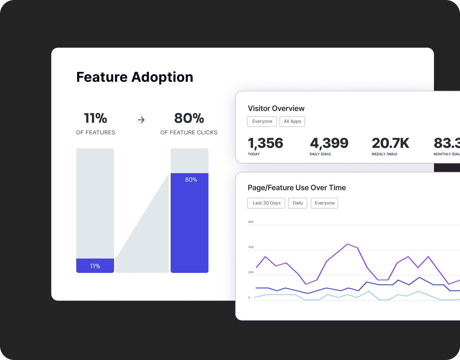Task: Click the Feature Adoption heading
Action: point(135,77)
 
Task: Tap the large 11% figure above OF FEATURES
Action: point(95,118)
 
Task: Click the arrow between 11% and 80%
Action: point(141,120)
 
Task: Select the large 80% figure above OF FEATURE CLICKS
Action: point(189,118)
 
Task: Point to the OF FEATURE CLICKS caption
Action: point(189,132)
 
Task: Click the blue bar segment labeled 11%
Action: point(95,266)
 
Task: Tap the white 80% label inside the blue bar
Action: point(191,180)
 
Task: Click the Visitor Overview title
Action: point(276,108)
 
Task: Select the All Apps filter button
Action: point(292,121)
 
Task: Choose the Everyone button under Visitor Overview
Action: point(262,121)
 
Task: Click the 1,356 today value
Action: point(266,143)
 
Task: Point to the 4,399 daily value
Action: point(329,143)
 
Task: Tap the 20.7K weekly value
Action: point(390,143)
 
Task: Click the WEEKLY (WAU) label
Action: point(384,154)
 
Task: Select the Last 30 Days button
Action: point(266,203)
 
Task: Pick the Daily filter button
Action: point(298,203)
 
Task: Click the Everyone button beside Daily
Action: point(324,203)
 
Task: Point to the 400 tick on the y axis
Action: point(251,247)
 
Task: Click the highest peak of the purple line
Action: point(347,244)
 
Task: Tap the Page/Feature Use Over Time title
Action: point(297,188)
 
